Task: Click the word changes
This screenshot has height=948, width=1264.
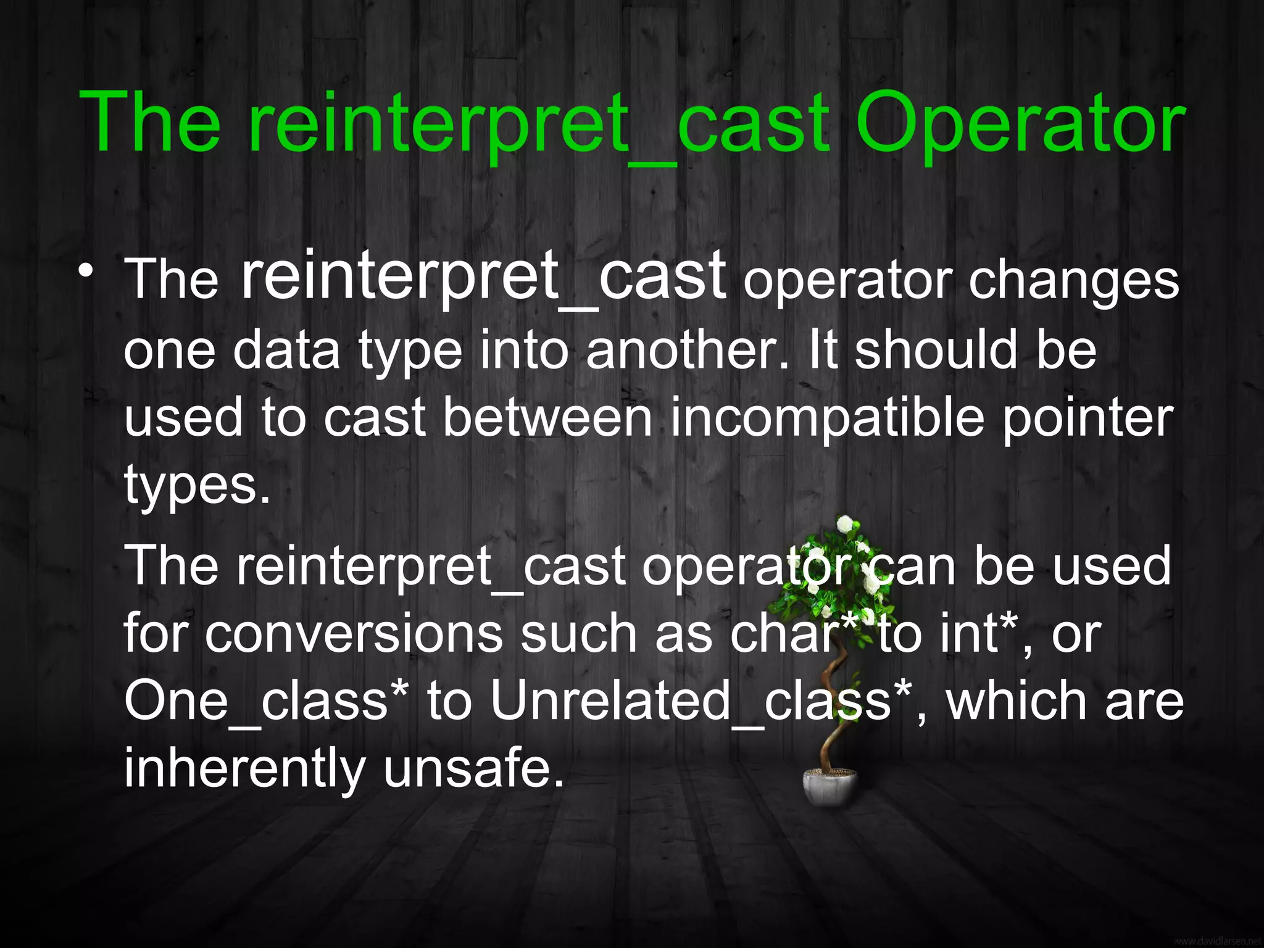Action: click(1073, 281)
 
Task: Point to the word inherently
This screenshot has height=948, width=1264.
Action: click(245, 770)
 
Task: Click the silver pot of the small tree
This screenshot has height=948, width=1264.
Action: click(830, 787)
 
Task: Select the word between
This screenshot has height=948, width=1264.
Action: click(547, 418)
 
